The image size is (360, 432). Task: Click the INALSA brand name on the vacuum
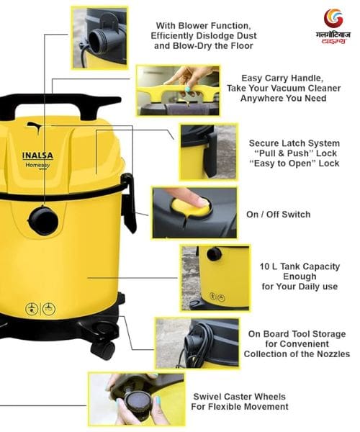[37, 156]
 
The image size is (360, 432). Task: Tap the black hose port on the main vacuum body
[43, 221]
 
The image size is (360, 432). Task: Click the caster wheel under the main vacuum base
[103, 349]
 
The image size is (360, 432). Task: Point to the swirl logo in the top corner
[333, 19]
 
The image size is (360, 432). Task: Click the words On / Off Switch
[278, 215]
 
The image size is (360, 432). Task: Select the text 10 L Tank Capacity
[300, 266]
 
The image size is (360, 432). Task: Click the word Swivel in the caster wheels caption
[208, 397]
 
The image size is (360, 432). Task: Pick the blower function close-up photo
[99, 37]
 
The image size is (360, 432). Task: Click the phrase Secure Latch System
[294, 143]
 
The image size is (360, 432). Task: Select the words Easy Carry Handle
[282, 78]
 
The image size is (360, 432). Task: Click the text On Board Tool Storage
[297, 334]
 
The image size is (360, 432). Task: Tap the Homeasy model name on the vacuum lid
[37, 166]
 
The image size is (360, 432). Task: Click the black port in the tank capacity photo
[214, 253]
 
